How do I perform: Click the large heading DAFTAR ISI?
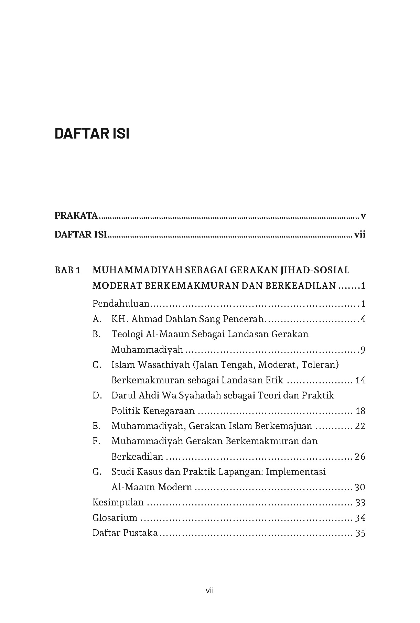click(x=92, y=134)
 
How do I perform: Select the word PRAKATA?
click(x=76, y=216)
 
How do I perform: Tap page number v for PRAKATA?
click(x=363, y=216)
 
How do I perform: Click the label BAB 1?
click(x=67, y=270)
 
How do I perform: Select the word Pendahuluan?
click(x=121, y=304)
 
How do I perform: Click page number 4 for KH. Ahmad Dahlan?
click(x=363, y=319)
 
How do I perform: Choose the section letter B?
click(x=96, y=335)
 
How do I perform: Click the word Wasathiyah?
click(x=163, y=365)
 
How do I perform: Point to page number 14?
click(x=360, y=381)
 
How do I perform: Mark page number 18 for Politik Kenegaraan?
click(x=360, y=411)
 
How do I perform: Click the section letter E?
click(x=96, y=426)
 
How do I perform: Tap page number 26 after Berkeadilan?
click(x=360, y=457)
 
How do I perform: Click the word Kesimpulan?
click(x=118, y=503)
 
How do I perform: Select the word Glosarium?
click(x=115, y=518)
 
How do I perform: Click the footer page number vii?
click(x=210, y=591)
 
